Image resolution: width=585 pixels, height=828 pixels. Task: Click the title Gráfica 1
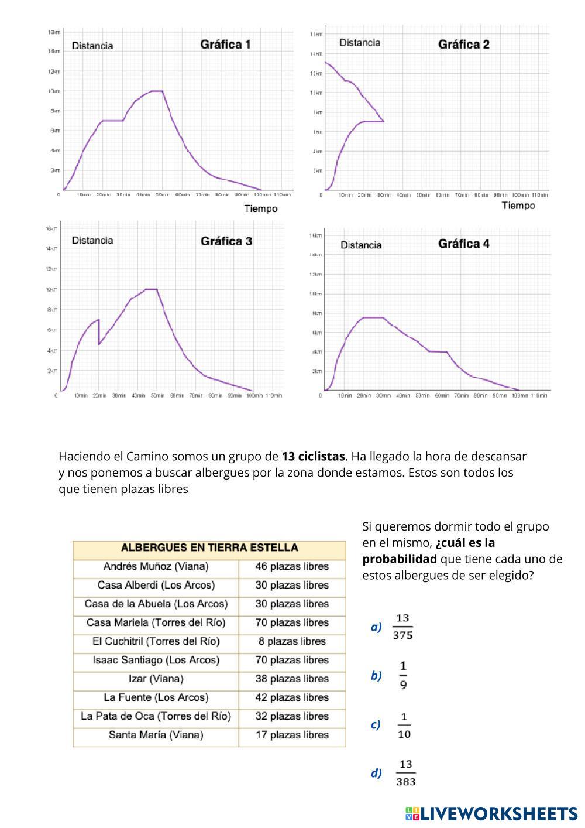(x=225, y=45)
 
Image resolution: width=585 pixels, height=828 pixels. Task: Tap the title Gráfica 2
(x=463, y=45)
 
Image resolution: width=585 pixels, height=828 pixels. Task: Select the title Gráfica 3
(x=226, y=241)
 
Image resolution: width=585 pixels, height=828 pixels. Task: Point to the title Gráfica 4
(x=463, y=244)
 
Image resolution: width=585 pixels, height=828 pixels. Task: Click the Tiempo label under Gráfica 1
(x=260, y=209)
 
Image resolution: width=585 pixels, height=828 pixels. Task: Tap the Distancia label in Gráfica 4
(x=360, y=245)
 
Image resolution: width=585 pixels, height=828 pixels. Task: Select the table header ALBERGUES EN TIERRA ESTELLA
(x=209, y=548)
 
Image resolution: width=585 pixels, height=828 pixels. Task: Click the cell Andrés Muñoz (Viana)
(x=156, y=567)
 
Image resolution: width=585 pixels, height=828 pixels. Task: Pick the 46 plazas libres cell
(x=292, y=567)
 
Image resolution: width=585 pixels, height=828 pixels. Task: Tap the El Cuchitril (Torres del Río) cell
(x=156, y=642)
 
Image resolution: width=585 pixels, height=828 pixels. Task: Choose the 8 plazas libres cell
(x=292, y=642)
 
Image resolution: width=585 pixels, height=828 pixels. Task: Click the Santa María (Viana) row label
(x=156, y=735)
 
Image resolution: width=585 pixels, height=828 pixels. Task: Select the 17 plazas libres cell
(x=292, y=735)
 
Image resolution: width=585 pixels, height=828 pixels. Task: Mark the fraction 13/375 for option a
(x=402, y=627)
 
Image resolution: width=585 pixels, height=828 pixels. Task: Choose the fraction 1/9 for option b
(x=403, y=676)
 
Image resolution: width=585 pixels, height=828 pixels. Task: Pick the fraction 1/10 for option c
(x=404, y=725)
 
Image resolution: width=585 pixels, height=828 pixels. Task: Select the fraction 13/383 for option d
(x=405, y=774)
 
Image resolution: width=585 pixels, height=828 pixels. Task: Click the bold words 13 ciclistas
(x=314, y=457)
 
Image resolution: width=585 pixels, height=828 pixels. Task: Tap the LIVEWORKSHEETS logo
(x=491, y=813)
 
